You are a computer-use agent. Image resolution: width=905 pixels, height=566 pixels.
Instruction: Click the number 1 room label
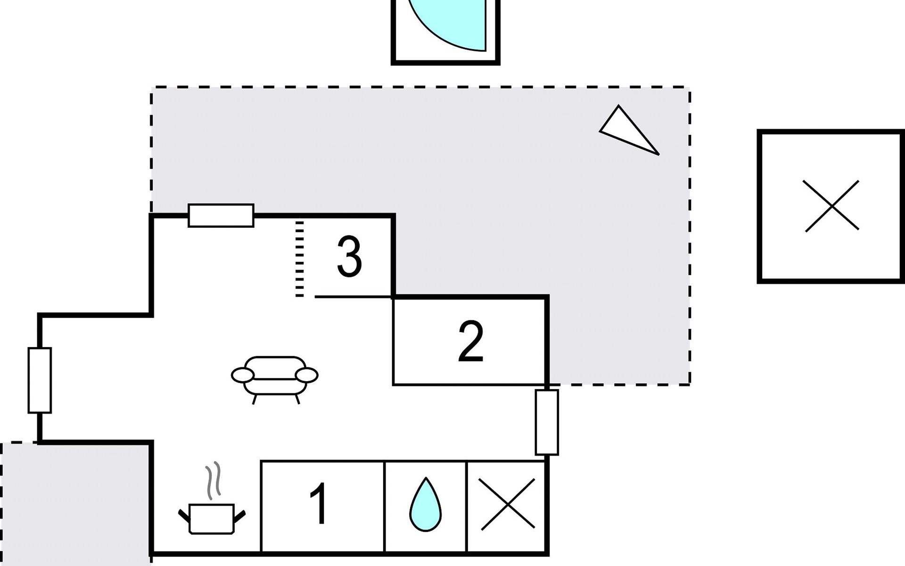(320, 504)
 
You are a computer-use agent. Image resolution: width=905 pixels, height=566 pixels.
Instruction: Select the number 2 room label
(471, 342)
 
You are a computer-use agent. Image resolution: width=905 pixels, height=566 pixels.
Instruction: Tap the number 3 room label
(349, 257)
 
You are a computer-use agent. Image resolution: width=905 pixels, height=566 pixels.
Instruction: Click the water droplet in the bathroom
(426, 504)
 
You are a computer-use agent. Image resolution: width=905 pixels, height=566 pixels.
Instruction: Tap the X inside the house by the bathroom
(508, 504)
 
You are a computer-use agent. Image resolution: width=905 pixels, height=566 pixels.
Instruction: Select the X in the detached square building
(832, 206)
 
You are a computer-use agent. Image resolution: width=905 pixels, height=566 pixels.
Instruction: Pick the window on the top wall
(221, 216)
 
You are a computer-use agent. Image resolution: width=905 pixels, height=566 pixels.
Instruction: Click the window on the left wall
(40, 380)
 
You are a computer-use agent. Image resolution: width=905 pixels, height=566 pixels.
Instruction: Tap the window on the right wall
(547, 422)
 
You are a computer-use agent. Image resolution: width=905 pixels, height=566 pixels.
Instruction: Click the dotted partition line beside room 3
(300, 258)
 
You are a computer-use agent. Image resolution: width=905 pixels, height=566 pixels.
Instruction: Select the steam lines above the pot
(213, 480)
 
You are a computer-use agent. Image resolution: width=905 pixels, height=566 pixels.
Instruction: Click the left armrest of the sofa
(243, 375)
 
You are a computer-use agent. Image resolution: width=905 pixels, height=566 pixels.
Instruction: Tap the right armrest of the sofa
(306, 375)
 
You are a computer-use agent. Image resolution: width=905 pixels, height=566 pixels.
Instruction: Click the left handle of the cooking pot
(184, 516)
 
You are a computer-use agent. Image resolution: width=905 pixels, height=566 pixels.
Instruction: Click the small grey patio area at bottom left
(75, 504)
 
